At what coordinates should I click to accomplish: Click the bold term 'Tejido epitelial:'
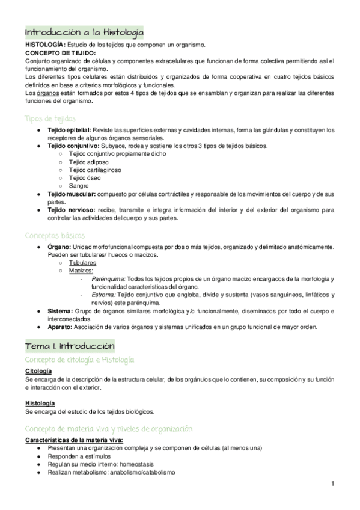(69, 130)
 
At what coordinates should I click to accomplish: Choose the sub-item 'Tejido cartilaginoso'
(95, 170)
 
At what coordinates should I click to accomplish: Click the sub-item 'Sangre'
(79, 186)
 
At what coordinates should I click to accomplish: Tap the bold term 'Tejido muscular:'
(71, 194)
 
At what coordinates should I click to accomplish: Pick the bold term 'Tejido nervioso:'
(70, 210)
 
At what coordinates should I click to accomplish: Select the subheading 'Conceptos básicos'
(55, 235)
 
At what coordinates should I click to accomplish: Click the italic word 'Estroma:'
(104, 295)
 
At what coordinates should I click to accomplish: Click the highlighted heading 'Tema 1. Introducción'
(70, 346)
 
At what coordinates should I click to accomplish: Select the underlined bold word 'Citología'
(38, 371)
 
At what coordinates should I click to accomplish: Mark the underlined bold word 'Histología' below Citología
(40, 403)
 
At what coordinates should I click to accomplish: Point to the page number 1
(332, 483)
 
